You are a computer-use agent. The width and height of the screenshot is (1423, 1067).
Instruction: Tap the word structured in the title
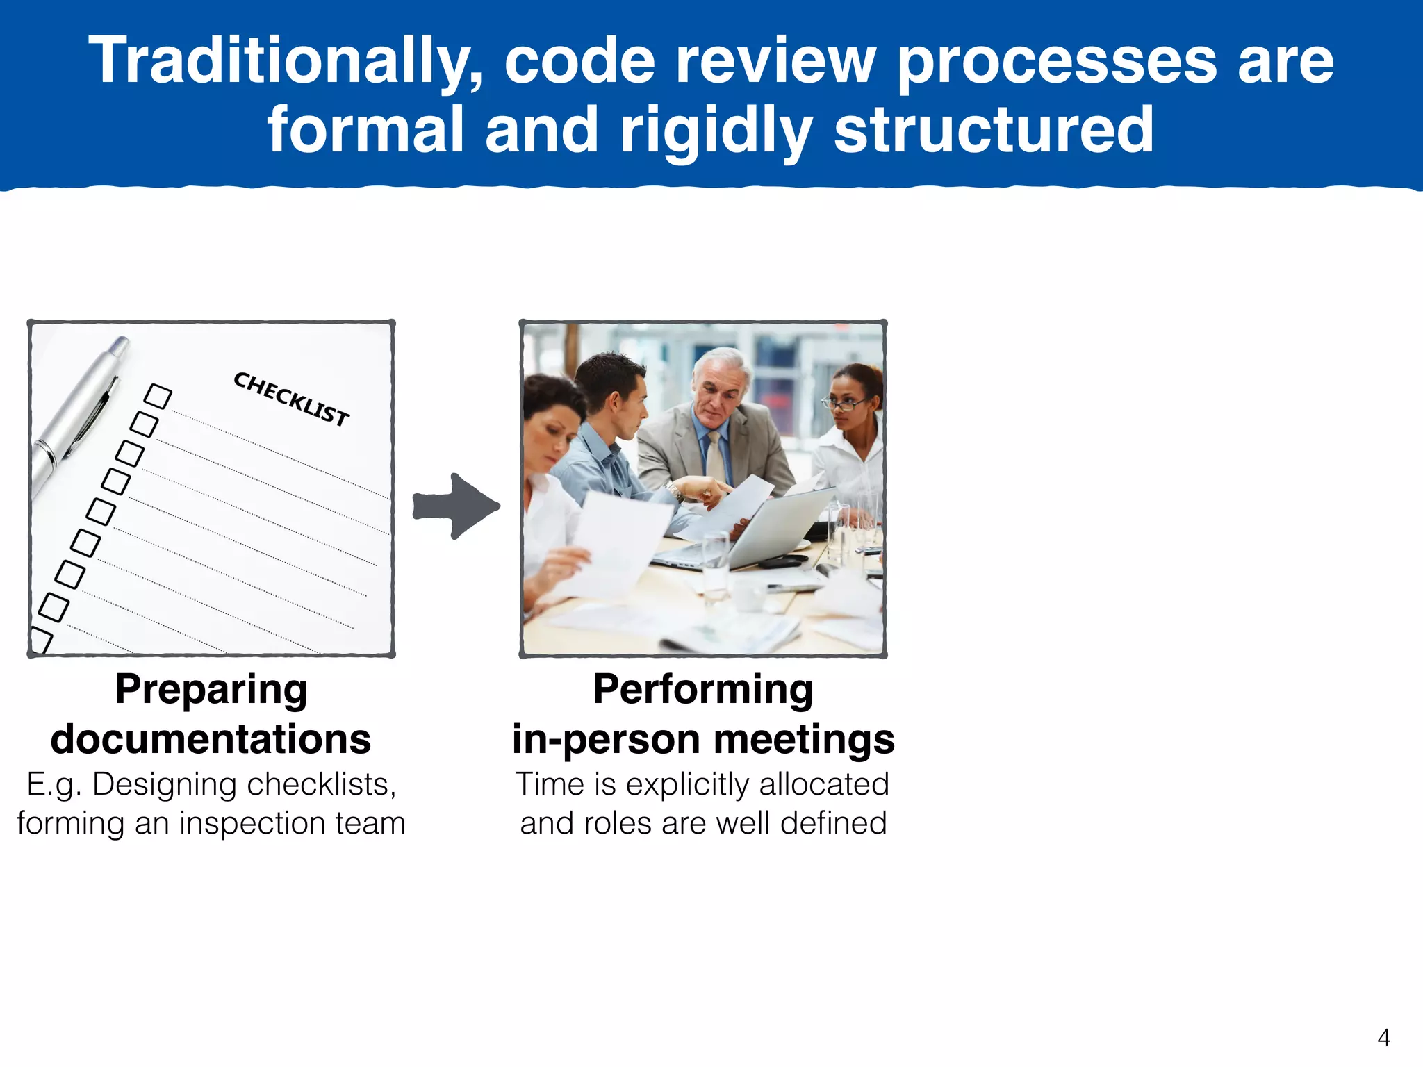(994, 130)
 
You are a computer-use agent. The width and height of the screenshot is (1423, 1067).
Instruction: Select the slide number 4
(1383, 1038)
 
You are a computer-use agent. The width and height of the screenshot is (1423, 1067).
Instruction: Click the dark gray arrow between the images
(456, 506)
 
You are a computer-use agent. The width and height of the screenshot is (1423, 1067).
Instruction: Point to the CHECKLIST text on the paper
(291, 399)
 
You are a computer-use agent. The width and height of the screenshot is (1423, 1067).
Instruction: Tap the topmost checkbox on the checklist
(158, 397)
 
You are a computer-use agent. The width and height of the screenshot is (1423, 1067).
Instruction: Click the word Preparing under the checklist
(211, 690)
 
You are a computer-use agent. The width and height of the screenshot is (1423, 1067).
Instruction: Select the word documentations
(211, 739)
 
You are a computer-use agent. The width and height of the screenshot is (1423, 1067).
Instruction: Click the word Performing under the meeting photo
(703, 690)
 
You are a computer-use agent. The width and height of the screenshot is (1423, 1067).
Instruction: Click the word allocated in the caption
(824, 784)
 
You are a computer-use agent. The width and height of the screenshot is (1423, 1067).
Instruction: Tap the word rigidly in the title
(716, 130)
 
